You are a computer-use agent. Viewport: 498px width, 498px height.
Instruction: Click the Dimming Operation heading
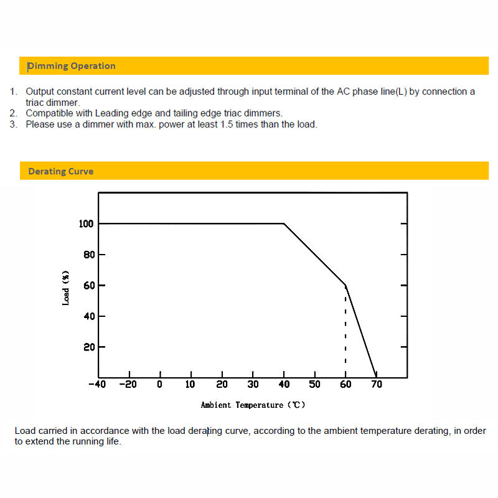[x=72, y=66]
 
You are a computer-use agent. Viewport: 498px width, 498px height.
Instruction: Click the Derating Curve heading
[x=61, y=171]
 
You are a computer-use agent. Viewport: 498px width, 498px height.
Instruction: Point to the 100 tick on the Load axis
[x=86, y=223]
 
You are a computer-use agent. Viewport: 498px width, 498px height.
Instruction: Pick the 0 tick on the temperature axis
[x=160, y=385]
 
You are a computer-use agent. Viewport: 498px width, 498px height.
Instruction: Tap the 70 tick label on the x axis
[x=377, y=385]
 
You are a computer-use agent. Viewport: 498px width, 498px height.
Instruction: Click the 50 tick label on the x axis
[x=315, y=385]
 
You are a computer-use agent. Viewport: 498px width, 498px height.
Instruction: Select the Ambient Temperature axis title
[x=253, y=405]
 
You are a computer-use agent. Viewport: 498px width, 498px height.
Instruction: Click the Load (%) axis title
[x=66, y=287]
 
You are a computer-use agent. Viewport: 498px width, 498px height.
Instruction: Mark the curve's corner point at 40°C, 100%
[x=284, y=223]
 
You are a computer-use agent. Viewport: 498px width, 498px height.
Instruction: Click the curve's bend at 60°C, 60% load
[x=345, y=285]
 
